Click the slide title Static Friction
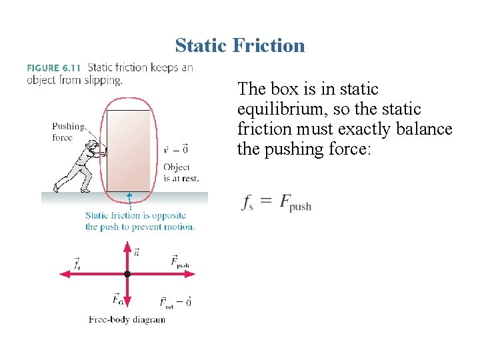240,45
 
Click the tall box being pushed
129,151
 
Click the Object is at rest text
181,173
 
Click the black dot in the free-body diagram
127,274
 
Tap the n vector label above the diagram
137,252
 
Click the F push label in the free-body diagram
179,262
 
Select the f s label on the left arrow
77,264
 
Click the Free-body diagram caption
127,320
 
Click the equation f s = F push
276,203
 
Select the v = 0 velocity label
176,150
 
